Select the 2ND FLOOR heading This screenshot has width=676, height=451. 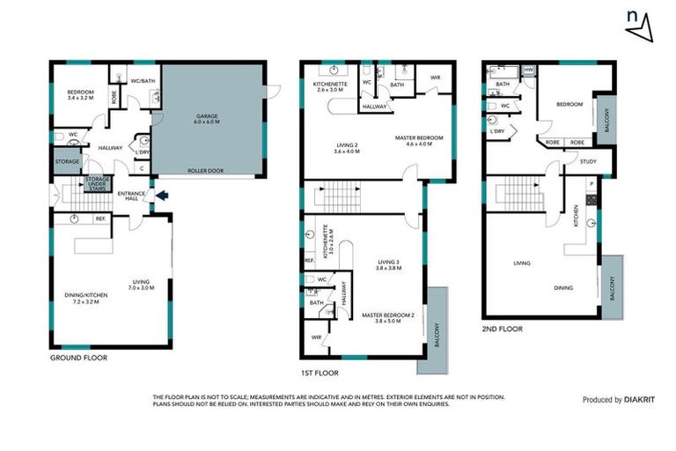[503, 329]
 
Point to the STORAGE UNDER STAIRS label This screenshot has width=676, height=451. [97, 182]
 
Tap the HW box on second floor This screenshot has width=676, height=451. [528, 70]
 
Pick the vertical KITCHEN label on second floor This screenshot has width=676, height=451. [577, 215]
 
